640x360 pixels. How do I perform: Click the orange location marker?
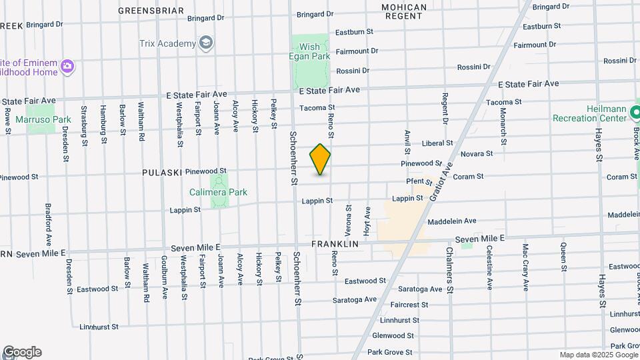[x=321, y=159]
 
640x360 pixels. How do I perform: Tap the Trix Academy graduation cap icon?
[x=206, y=44]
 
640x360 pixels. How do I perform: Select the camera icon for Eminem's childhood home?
[x=67, y=66]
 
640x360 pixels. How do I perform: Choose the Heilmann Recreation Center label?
[x=589, y=113]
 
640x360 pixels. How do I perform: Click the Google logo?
[x=21, y=352]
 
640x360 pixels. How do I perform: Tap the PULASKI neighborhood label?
[x=162, y=172]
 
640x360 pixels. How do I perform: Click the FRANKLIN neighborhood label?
[x=335, y=245]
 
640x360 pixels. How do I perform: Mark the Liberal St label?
[x=437, y=143]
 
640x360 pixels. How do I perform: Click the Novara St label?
[x=477, y=153]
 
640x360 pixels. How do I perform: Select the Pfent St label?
[x=419, y=181]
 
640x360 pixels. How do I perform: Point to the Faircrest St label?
[x=409, y=305]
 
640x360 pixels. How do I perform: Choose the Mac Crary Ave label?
[x=525, y=267]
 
